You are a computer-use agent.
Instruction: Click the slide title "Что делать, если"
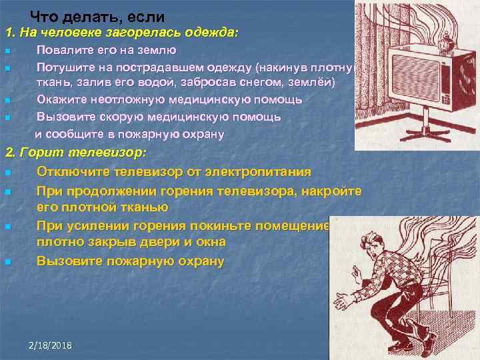97,17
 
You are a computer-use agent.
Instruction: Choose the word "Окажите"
61,99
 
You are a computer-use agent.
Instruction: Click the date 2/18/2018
51,345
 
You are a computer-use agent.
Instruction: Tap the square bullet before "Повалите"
7,51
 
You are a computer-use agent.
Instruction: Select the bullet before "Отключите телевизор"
7,173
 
